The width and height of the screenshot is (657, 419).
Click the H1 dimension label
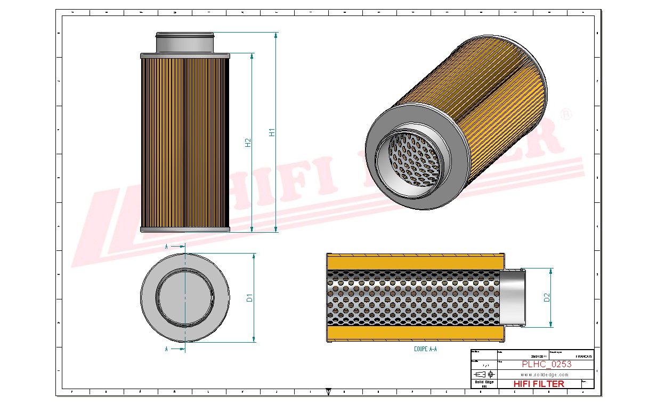[272, 132]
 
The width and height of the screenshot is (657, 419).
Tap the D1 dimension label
[249, 298]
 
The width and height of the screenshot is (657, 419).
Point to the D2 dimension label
[547, 298]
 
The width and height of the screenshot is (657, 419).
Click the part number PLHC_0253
[546, 364]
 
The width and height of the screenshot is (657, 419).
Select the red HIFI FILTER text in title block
[538, 383]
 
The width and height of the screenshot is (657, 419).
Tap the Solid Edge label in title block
[484, 382]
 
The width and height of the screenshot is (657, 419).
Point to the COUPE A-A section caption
[425, 349]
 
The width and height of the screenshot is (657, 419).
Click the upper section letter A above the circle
[167, 247]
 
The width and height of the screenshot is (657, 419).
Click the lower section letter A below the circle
[167, 349]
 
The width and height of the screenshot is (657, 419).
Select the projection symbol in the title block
[484, 374]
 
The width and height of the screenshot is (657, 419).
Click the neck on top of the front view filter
[184, 42]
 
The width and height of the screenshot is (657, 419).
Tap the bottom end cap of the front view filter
[184, 229]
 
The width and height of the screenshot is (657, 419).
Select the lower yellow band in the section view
[415, 333]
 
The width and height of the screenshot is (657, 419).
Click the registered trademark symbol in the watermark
[566, 114]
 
